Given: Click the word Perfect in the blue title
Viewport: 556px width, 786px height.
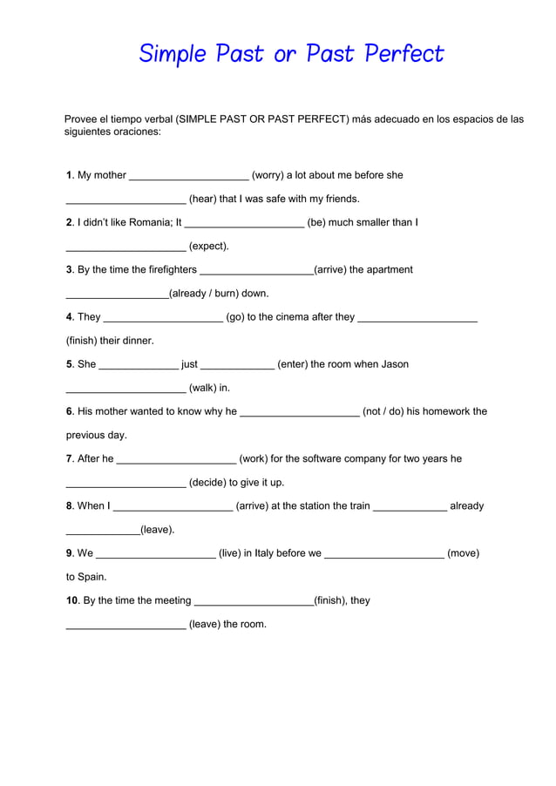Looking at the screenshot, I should [404, 54].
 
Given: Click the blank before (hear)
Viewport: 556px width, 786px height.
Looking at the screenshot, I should [125, 200].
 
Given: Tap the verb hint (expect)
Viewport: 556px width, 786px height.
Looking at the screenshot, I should [209, 247].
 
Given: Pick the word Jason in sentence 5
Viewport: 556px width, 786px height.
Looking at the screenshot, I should [394, 364].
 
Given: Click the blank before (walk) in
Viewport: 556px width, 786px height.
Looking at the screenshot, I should [125, 389].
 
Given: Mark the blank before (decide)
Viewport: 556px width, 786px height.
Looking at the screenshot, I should [125, 483].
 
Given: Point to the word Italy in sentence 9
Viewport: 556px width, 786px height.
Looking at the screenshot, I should [278, 552].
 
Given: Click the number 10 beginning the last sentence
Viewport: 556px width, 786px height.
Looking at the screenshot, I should [72, 600].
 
